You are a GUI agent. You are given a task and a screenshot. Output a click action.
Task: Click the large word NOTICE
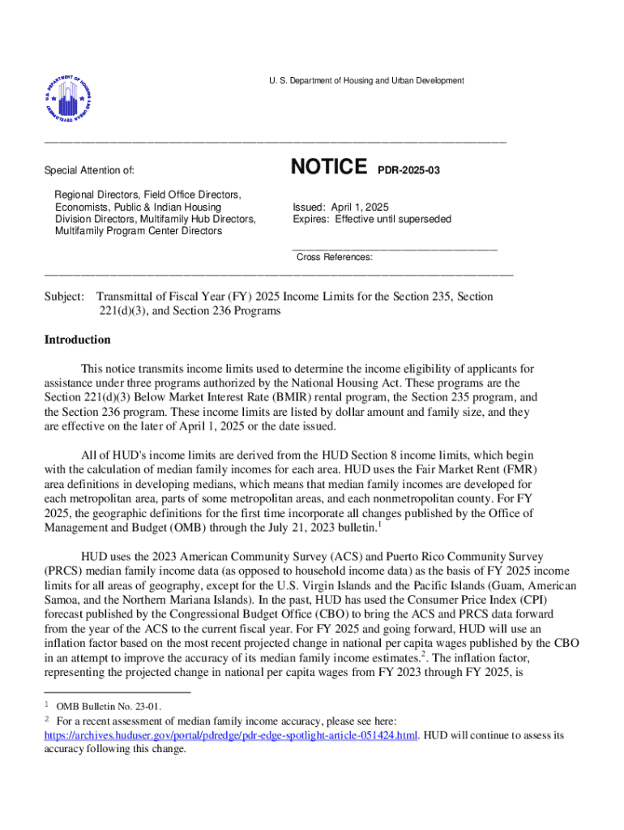click(x=328, y=167)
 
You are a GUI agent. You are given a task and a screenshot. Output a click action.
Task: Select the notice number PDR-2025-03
click(x=409, y=170)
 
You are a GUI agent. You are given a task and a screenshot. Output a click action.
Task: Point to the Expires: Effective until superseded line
click(x=372, y=219)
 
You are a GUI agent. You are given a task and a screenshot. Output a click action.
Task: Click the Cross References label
click(x=334, y=257)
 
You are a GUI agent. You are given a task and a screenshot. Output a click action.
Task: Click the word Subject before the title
click(x=64, y=297)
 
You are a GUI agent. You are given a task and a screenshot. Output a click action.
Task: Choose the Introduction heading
click(x=77, y=340)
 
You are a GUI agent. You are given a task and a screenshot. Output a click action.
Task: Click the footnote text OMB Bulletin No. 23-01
click(x=109, y=707)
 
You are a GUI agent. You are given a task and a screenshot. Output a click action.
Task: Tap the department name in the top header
click(x=366, y=80)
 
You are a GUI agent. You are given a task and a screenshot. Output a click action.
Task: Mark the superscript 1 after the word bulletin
click(x=379, y=524)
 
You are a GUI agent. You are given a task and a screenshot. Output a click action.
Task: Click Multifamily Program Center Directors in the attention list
click(x=138, y=231)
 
